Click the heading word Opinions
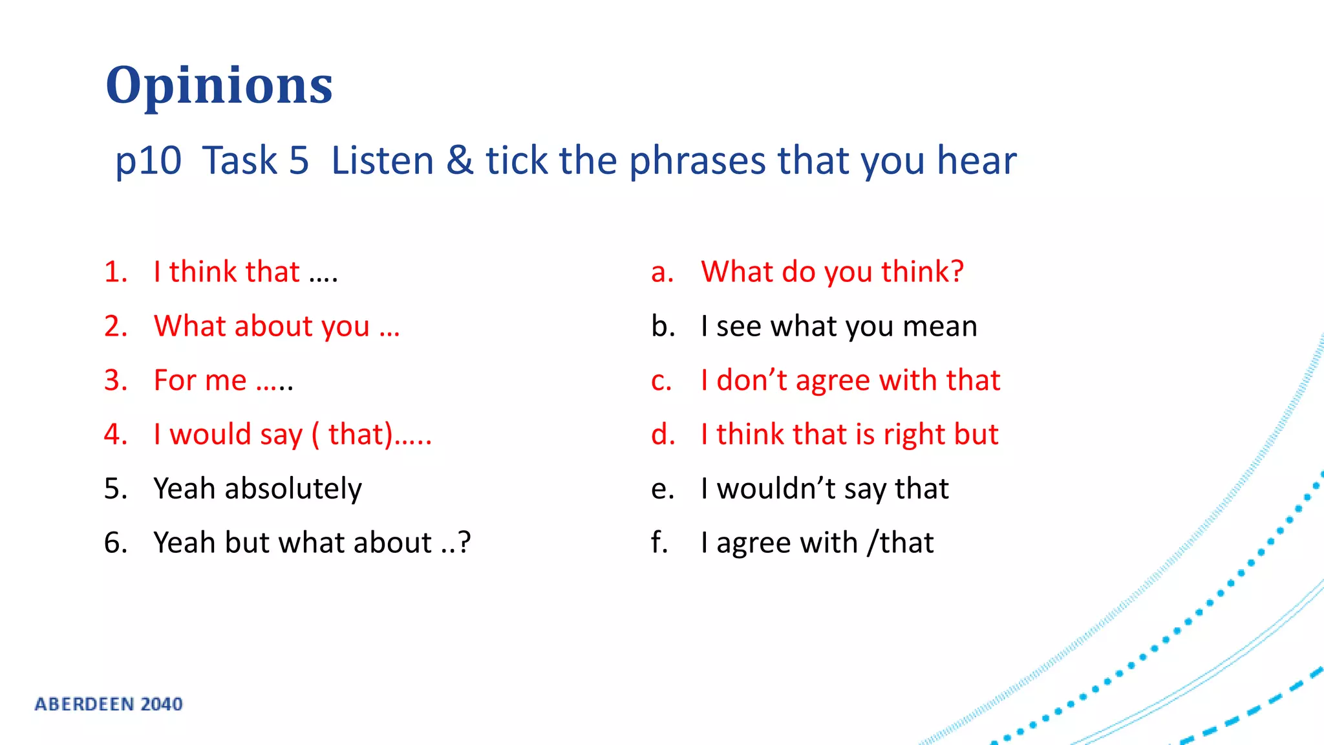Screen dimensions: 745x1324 219,85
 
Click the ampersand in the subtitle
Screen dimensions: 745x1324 459,160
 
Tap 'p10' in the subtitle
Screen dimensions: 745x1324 148,162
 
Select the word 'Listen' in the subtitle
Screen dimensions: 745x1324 382,160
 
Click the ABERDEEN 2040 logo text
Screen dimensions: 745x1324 109,704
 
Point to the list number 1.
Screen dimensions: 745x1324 115,272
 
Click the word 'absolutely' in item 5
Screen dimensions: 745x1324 293,489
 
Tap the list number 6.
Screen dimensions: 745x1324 115,543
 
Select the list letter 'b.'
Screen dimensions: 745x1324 663,326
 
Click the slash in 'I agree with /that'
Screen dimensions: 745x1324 873,543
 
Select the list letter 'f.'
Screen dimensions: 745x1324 659,543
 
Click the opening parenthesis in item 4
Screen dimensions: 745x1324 315,435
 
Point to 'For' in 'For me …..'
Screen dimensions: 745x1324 175,380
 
